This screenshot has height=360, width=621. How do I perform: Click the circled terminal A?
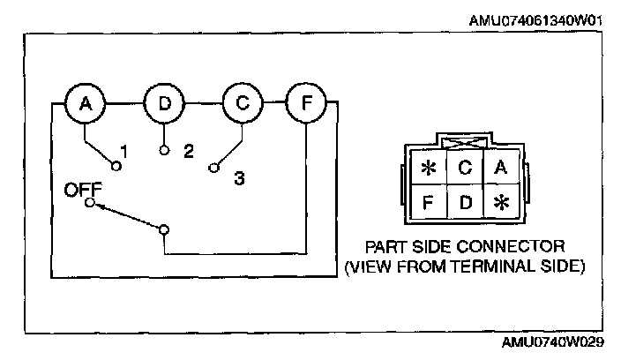86,104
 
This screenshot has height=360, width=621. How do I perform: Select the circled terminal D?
165,104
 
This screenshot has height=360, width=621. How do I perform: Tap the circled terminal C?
243,104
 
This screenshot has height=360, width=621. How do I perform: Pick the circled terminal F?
305,104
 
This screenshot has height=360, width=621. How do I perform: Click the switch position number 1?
124,153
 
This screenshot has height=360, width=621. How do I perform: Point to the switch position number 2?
188,151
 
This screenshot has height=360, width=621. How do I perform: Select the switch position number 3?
238,178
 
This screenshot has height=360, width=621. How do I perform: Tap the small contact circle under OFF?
88,203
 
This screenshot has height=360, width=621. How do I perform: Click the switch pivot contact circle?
164,229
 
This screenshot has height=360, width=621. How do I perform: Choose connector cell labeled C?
466,166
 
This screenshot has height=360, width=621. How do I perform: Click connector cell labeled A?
500,166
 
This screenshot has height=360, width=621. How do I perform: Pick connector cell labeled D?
466,202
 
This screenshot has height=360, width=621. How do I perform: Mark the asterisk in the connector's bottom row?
500,202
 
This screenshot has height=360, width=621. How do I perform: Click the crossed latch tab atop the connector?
465,141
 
